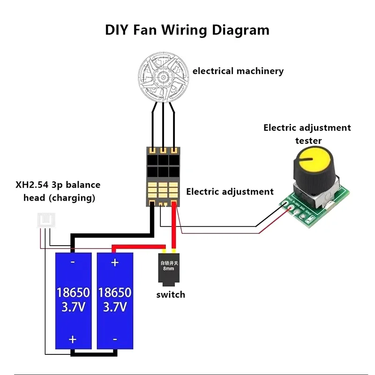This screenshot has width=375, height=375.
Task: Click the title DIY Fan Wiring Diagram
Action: (x=187, y=30)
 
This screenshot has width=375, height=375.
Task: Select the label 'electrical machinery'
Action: (x=238, y=71)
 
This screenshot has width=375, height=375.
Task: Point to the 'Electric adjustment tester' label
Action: (x=307, y=134)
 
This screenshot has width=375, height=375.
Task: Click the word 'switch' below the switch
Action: (x=171, y=295)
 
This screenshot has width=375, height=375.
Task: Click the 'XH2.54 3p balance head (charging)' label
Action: (x=58, y=191)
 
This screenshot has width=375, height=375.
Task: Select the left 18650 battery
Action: (x=73, y=300)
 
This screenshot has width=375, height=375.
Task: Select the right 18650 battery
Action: (x=115, y=300)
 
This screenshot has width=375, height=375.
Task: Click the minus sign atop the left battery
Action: (x=73, y=262)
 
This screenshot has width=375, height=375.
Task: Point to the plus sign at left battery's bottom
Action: (x=73, y=339)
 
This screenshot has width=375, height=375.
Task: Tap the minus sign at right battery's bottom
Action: (x=115, y=339)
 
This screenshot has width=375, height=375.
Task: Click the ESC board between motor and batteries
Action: (x=162, y=176)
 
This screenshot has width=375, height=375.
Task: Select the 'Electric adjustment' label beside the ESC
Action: (x=230, y=192)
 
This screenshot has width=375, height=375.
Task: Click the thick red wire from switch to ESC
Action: (x=174, y=227)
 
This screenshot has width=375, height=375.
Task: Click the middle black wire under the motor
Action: (x=163, y=124)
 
